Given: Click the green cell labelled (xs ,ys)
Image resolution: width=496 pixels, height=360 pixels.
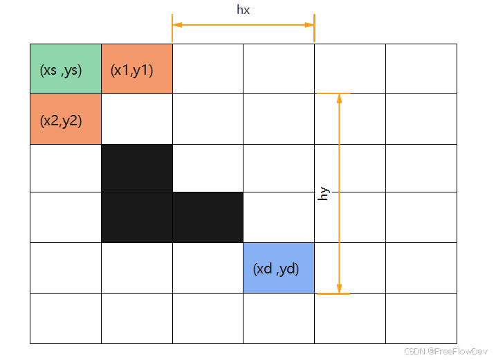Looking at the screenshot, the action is tap(66, 69).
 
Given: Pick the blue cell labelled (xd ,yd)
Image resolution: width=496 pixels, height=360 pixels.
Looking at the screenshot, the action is tap(279, 268).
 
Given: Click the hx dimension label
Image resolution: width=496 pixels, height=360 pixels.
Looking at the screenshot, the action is tap(243, 10).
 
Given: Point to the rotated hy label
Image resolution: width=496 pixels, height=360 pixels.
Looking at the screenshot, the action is tap(322, 193).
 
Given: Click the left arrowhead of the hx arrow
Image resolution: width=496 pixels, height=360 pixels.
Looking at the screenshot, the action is tap(177, 25).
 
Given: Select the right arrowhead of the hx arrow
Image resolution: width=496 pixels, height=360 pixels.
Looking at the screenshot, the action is tap(309, 25).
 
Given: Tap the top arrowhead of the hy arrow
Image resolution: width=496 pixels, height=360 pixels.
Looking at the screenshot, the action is tap(339, 98).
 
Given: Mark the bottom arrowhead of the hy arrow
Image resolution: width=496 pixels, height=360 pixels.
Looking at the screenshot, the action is tap(339, 288).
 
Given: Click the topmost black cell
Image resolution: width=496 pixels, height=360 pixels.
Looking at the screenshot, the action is tap(137, 168).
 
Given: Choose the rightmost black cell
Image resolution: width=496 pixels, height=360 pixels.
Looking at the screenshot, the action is tap(208, 217).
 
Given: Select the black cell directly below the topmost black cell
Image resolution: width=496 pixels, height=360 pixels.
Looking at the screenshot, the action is tap(137, 217).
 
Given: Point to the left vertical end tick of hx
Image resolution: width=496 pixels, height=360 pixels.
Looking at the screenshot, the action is tap(172, 25).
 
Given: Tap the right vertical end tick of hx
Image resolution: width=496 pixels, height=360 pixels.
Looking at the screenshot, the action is tap(314, 25).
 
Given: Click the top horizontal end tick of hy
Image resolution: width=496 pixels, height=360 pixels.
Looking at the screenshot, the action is tap(333, 93).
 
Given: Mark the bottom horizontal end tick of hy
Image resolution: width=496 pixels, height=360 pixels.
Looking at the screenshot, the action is tap(333, 294).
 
